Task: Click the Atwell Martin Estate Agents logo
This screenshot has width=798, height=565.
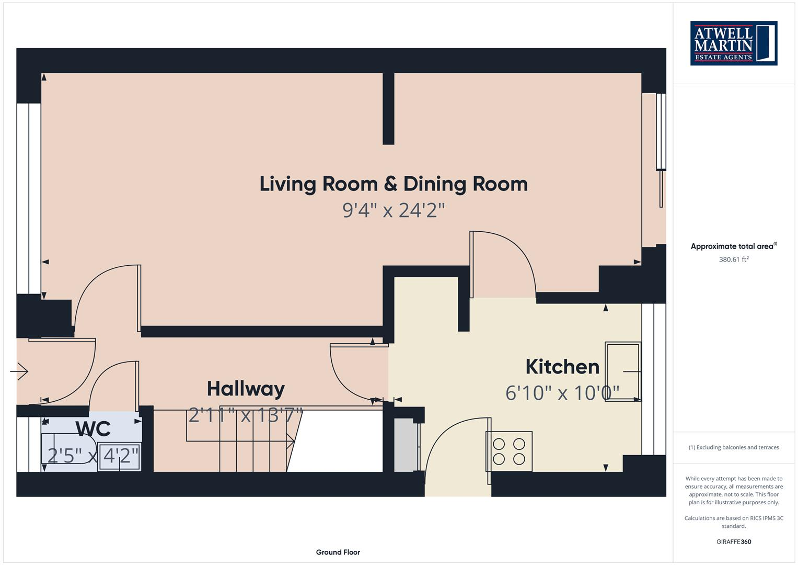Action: tap(733, 43)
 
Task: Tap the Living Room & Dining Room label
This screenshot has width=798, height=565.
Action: tap(393, 184)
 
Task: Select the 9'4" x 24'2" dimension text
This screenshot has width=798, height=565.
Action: tap(393, 210)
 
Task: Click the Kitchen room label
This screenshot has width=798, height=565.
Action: tap(562, 367)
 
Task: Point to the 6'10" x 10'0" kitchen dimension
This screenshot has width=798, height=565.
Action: tap(562, 392)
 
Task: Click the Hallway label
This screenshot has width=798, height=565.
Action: tap(246, 389)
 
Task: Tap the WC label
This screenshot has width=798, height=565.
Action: tap(92, 428)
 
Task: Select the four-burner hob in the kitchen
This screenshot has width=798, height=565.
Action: tap(509, 451)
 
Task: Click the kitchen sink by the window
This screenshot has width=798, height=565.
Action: tap(623, 371)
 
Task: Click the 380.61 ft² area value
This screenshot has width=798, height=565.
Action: tap(733, 259)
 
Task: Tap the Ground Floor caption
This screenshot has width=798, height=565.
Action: tap(338, 552)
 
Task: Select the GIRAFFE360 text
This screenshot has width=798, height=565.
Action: tap(733, 541)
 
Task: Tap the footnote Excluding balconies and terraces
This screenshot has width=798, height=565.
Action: tap(733, 447)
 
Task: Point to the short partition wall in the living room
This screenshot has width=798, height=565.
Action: tap(388, 108)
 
